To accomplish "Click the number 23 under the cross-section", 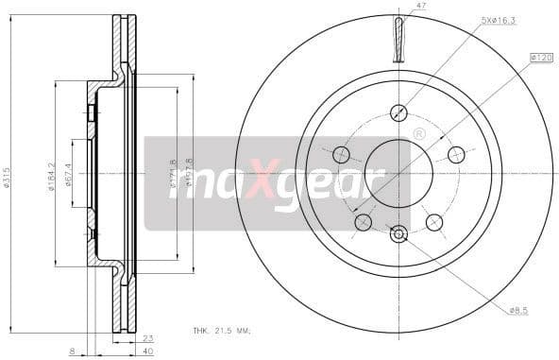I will pos(147,339).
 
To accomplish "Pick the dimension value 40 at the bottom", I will pos(147,351).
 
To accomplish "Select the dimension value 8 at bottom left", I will pos(72,351).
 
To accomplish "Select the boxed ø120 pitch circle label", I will pos(541,59).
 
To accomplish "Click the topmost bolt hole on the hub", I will pos(398,111).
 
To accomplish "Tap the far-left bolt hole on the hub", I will pos(341,154).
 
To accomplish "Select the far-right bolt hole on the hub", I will pos(457,154).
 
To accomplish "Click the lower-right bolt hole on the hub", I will pos(434,222).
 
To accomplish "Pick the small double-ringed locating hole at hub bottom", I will pos(398,232).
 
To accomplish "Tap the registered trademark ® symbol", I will pos(419,133).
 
